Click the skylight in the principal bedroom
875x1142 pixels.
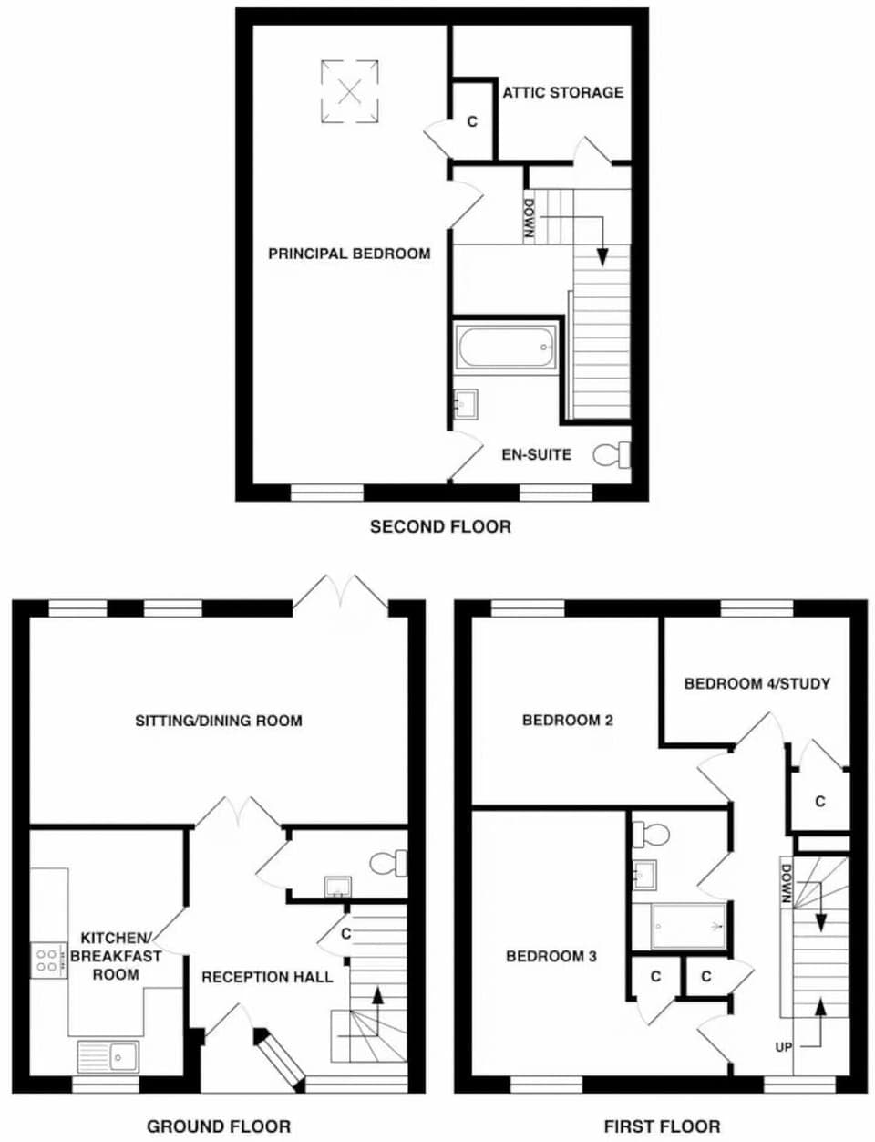point(349,90)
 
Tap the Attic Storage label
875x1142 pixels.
point(563,92)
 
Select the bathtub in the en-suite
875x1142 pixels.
point(506,348)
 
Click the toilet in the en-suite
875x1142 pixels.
point(612,454)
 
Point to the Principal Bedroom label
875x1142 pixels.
point(349,254)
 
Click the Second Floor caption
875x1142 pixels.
point(440,526)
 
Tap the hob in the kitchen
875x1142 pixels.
point(46,960)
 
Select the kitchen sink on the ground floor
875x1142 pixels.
point(108,1056)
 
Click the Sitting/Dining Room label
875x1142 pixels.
point(219,721)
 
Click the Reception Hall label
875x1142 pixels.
point(267,977)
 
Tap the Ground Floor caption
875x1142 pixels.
point(219,1126)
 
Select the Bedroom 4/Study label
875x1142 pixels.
point(757,683)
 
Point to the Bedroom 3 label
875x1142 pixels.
point(551,956)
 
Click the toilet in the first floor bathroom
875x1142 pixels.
point(652,833)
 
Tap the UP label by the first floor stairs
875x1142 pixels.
point(784,1047)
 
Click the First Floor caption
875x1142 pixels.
point(662,1126)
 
